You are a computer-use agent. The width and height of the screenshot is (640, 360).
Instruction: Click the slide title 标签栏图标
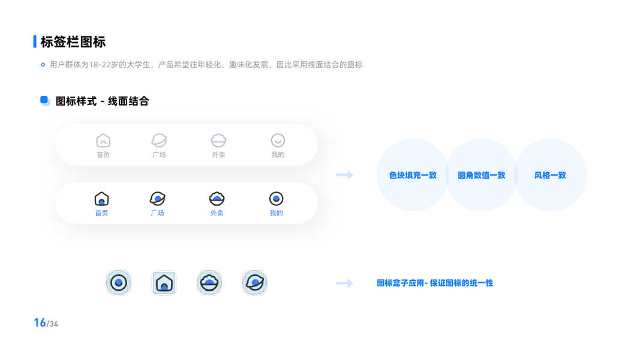pyautogui.click(x=73, y=42)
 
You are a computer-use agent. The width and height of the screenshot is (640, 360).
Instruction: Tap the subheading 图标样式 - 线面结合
pyautogui.click(x=102, y=101)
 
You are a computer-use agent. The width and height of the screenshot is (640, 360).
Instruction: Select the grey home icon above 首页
pyautogui.click(x=103, y=140)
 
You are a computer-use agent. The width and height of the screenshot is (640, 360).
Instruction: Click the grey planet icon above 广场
pyautogui.click(x=159, y=140)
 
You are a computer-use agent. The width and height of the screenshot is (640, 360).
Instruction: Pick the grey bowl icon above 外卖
pyautogui.click(x=218, y=140)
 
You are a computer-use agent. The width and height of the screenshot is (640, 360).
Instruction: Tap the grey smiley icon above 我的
pyautogui.click(x=278, y=140)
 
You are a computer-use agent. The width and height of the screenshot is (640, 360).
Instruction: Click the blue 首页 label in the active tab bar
pyautogui.click(x=102, y=213)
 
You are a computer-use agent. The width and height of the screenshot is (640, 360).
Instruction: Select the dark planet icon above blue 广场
pyautogui.click(x=157, y=199)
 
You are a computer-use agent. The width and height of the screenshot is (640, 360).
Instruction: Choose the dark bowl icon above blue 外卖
pyautogui.click(x=217, y=199)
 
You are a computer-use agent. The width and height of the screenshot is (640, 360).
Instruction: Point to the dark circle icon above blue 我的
pyautogui.click(x=276, y=199)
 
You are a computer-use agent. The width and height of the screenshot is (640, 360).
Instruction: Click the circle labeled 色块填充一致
pyautogui.click(x=413, y=175)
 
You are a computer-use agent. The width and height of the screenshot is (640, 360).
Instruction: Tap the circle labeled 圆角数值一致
pyautogui.click(x=481, y=175)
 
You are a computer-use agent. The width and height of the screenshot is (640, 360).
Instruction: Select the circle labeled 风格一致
pyautogui.click(x=550, y=175)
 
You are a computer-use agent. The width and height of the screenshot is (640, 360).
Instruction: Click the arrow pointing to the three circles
pyautogui.click(x=344, y=175)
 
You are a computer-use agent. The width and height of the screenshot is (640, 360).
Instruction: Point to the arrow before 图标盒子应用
pyautogui.click(x=344, y=283)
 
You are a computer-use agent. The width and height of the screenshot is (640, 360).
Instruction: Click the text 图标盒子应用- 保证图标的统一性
pyautogui.click(x=435, y=283)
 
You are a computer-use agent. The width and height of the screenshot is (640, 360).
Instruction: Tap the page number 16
pyautogui.click(x=40, y=323)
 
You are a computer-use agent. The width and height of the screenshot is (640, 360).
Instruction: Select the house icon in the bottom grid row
pyautogui.click(x=164, y=283)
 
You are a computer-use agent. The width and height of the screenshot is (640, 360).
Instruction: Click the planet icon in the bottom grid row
pyautogui.click(x=254, y=283)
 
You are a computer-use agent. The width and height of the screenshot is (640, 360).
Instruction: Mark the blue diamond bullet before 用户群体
pyautogui.click(x=43, y=65)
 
